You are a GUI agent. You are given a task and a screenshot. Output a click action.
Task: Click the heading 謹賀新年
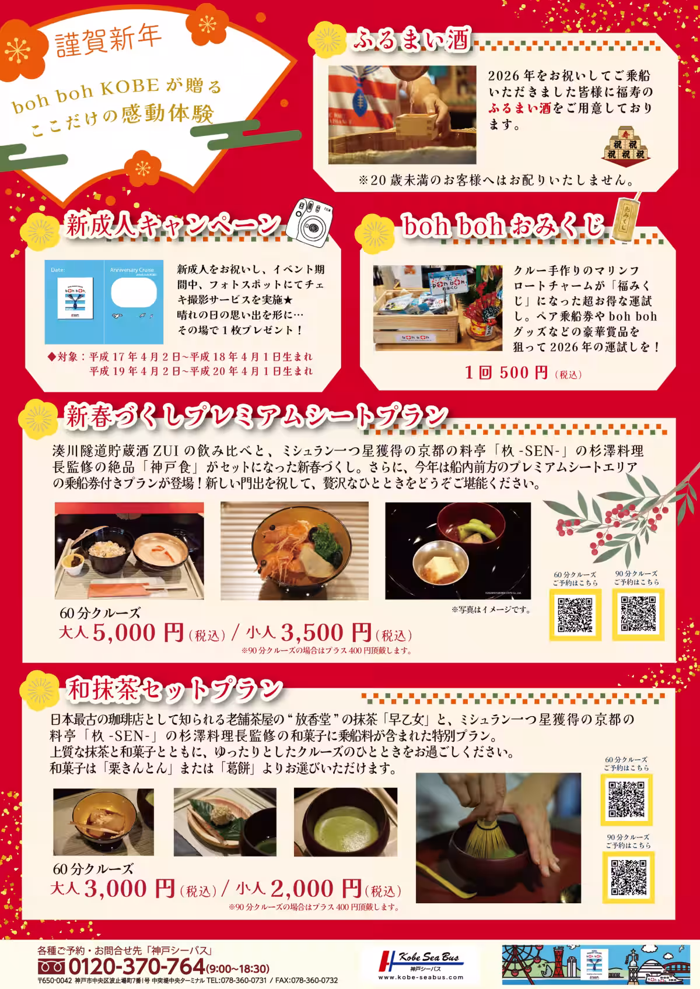108,41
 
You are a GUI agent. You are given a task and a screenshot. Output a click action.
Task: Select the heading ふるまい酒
411,41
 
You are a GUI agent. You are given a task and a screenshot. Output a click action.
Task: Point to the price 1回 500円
506,373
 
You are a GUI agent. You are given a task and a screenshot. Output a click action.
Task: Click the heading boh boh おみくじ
502,226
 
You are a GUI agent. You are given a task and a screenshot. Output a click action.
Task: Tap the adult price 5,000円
138,633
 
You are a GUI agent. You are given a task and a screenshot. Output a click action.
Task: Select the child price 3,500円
326,633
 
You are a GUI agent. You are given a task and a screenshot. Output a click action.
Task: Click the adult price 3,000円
129,889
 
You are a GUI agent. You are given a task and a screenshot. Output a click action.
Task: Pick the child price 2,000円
316,889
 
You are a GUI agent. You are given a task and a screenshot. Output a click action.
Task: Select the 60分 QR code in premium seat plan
575,615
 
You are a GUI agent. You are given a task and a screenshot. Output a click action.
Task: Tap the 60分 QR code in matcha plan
626,799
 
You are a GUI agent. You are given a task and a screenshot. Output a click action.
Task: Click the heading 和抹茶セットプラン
173,690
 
